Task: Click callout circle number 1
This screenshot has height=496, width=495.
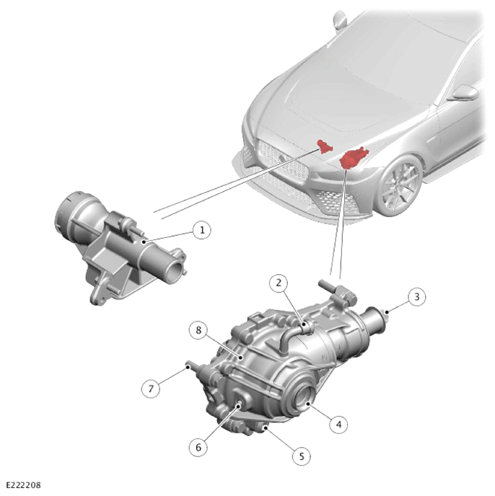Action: [202, 230]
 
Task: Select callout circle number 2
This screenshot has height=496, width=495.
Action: [279, 283]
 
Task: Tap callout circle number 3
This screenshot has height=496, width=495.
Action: [416, 297]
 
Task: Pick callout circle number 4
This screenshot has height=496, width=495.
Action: [338, 424]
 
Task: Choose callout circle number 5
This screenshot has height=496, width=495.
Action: [302, 456]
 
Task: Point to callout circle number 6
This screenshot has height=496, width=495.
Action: [198, 447]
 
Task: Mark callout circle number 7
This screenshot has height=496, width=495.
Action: [151, 388]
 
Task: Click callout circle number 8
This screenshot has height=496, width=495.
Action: [198, 330]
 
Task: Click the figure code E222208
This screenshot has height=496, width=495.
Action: [24, 485]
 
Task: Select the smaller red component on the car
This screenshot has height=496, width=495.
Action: [325, 146]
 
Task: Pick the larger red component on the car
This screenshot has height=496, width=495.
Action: [354, 158]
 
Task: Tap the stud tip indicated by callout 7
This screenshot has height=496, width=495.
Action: [188, 366]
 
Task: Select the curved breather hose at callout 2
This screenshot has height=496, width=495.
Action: [291, 336]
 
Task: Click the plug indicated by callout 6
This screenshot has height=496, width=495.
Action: [240, 403]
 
